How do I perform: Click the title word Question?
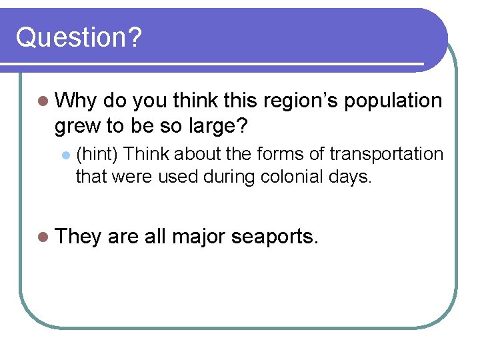(x=79, y=37)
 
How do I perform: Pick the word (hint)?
(x=97, y=154)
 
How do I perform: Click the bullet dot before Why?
(x=44, y=101)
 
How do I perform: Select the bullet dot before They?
(x=44, y=236)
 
